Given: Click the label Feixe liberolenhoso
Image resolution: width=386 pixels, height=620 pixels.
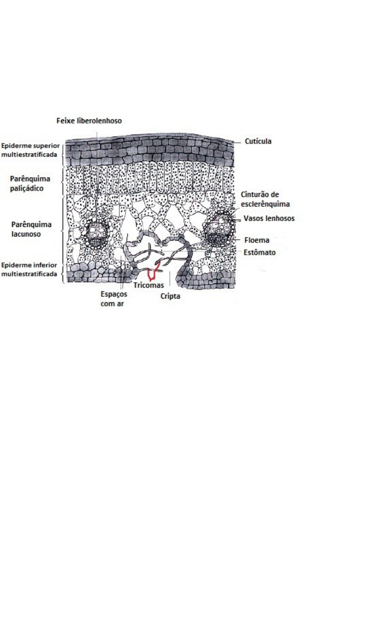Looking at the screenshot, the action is (x=89, y=121).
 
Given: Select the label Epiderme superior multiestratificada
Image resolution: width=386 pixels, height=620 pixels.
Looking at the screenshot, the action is (x=29, y=150).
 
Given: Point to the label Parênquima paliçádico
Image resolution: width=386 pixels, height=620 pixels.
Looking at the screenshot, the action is (x=30, y=183).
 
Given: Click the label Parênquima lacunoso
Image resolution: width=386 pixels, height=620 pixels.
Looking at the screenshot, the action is (x=31, y=229).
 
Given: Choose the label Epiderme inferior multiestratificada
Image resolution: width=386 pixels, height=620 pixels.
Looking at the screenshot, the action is (x=29, y=270).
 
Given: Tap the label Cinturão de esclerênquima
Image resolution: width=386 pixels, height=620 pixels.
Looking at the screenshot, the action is (x=265, y=199).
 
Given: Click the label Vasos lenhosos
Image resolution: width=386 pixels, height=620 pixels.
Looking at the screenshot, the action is (x=269, y=218).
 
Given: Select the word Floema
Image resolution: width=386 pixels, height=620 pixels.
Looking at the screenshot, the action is (x=257, y=241).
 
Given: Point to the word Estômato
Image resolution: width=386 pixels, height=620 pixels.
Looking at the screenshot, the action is (x=259, y=252).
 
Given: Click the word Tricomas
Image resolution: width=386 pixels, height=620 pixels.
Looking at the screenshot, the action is (x=148, y=285).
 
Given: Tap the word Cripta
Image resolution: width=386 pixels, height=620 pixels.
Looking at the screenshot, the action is (x=171, y=296).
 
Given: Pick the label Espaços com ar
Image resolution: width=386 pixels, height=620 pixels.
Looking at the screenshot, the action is (x=113, y=299).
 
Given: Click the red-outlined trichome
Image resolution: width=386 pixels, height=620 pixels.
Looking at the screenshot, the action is (x=153, y=272).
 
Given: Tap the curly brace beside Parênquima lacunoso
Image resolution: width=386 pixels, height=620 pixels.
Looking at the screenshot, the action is (x=62, y=227).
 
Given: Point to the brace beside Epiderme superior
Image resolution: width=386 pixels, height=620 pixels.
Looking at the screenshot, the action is (x=62, y=150).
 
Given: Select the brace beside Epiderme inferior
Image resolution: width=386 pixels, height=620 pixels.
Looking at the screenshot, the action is (x=62, y=270).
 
